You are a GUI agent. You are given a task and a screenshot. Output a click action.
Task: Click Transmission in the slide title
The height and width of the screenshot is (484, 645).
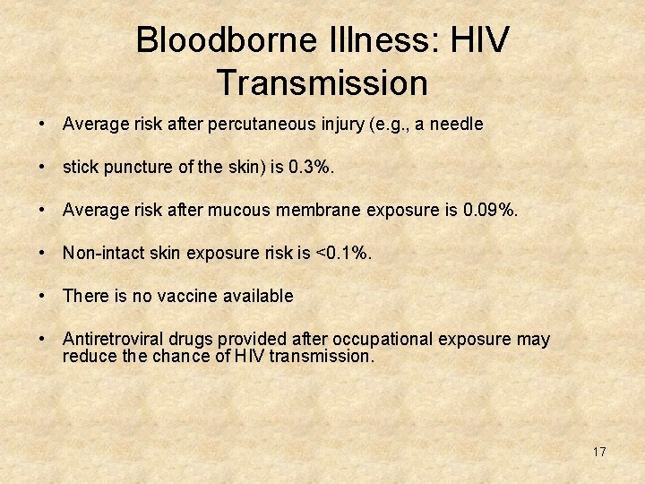322,82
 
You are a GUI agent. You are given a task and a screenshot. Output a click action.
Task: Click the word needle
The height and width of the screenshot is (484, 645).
457,125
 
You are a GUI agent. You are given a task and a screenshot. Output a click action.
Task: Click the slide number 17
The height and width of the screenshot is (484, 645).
599,452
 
